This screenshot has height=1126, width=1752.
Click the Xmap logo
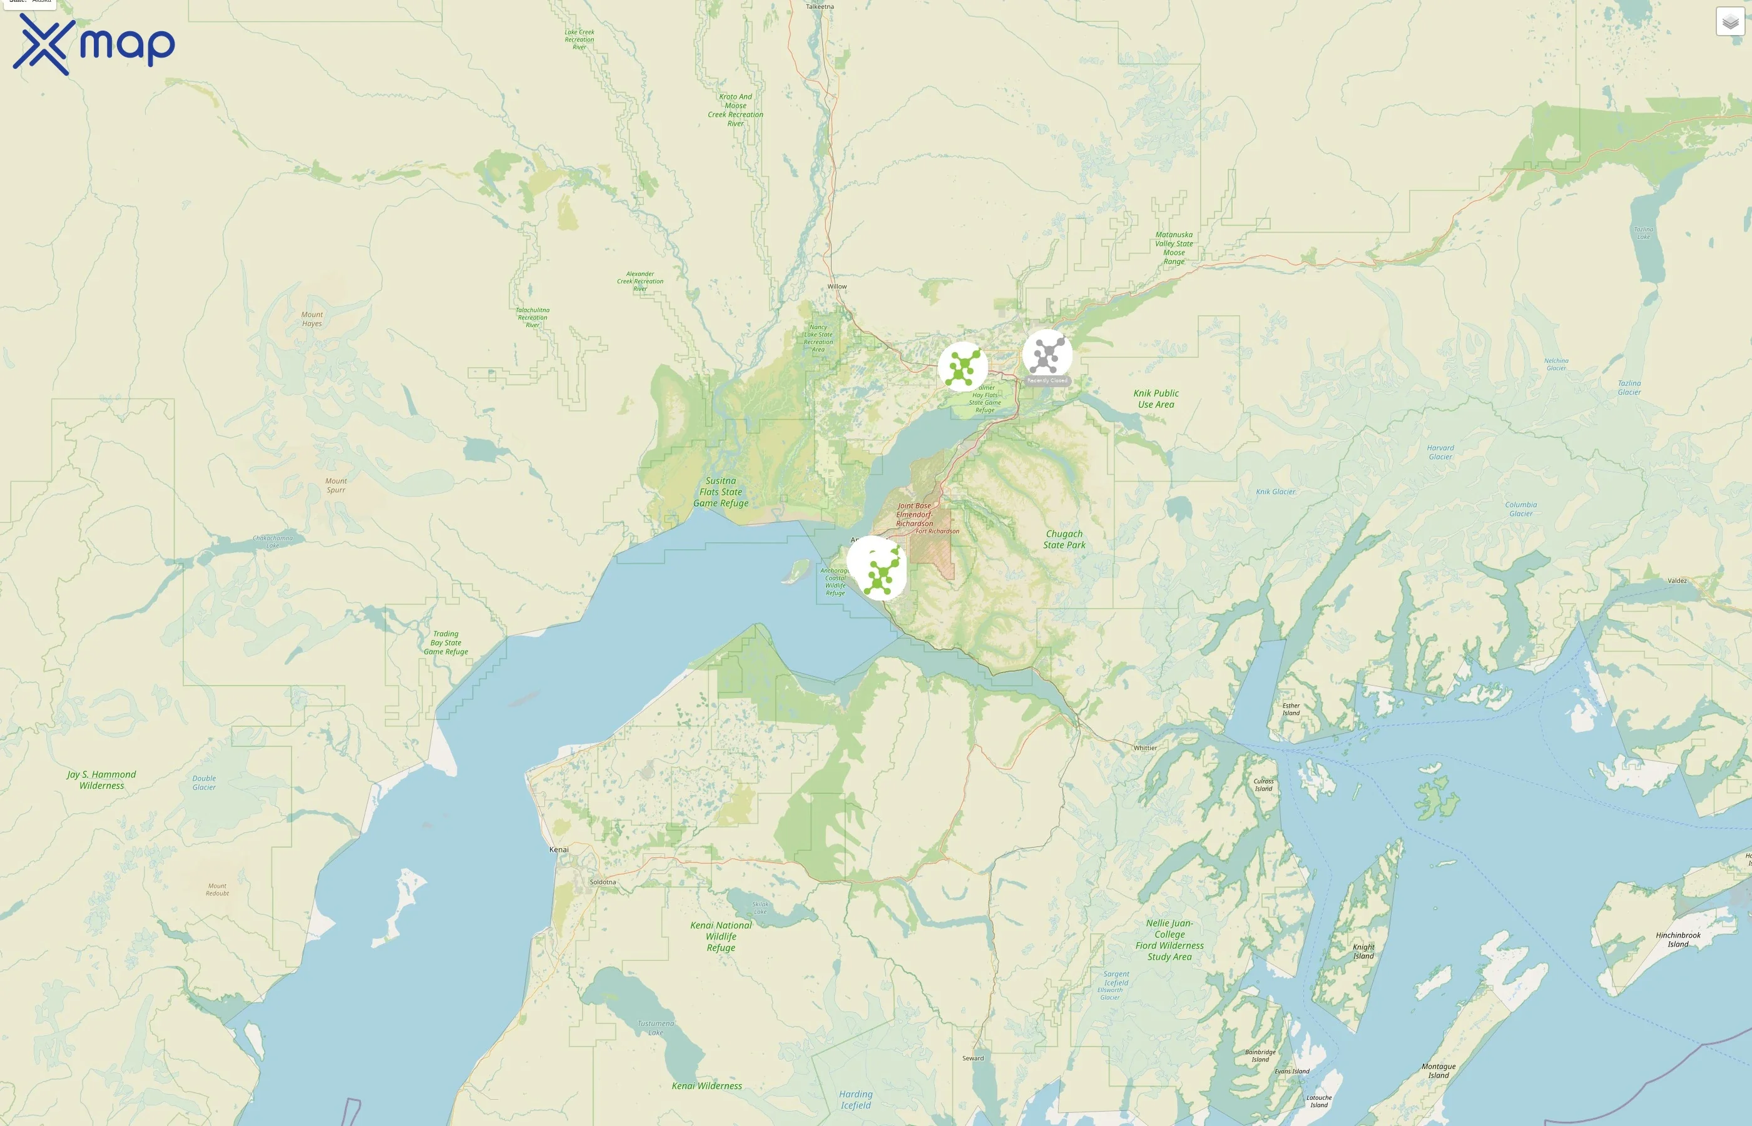(x=94, y=44)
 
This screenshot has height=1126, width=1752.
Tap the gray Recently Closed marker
(x=1047, y=355)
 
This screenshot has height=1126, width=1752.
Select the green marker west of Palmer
(x=962, y=367)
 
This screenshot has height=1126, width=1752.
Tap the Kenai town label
(x=559, y=850)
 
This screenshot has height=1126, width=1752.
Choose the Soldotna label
(x=603, y=882)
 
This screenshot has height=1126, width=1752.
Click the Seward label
(x=972, y=1058)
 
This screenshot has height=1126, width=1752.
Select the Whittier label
(x=1145, y=748)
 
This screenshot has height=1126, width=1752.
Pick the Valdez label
(x=1678, y=581)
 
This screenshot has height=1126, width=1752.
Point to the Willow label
(x=837, y=287)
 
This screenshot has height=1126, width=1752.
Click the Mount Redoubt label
(x=217, y=889)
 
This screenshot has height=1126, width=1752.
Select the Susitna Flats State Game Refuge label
(x=720, y=492)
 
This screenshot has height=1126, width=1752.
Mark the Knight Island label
(x=1363, y=951)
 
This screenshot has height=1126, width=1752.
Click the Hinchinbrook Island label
(x=1678, y=940)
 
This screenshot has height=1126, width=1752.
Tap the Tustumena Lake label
(x=656, y=1028)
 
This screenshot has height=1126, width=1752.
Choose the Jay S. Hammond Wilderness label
(x=101, y=780)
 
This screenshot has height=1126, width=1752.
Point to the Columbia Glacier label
(x=1521, y=509)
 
